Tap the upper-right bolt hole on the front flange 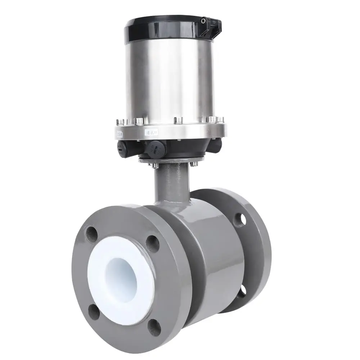[153, 244]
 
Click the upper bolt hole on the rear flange [240, 219]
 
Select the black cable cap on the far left [122, 148]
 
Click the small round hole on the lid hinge [203, 21]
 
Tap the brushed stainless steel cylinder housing [169, 79]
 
